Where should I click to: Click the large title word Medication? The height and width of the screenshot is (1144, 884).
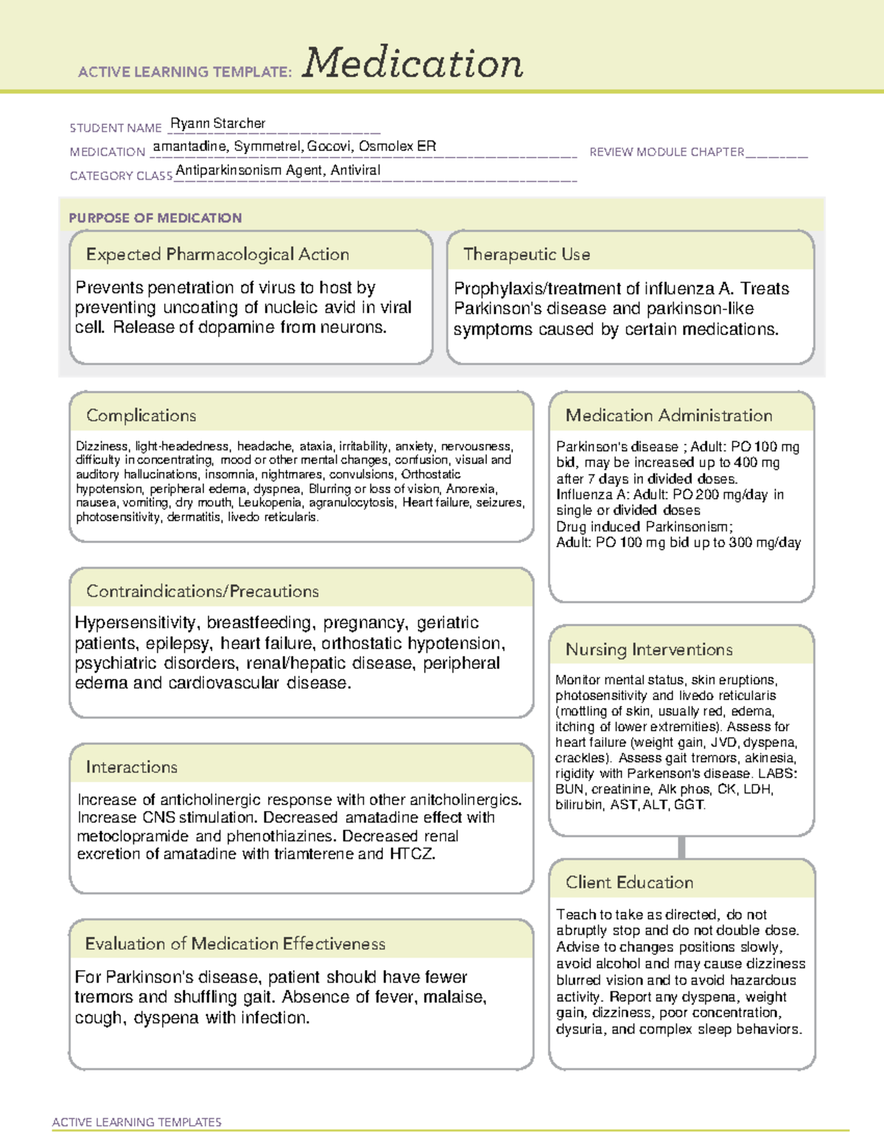[x=413, y=63]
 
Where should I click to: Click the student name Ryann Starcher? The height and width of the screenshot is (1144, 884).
[x=217, y=124]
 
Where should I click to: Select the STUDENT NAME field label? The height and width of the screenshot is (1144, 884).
[x=116, y=128]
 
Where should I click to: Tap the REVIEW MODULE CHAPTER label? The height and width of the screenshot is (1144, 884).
[x=667, y=152]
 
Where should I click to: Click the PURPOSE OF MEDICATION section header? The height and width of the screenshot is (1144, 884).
[x=155, y=218]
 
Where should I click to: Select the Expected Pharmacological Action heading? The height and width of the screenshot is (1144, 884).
[x=217, y=255]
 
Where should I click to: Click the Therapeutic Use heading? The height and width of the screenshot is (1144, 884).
[x=526, y=255]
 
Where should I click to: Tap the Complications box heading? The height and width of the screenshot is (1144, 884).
[x=141, y=416]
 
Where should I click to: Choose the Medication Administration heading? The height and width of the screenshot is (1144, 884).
[x=668, y=416]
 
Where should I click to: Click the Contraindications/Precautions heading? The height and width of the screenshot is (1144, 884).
[x=202, y=592]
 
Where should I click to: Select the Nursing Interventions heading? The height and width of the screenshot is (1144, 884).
[x=648, y=650]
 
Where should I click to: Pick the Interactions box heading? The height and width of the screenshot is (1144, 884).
[x=131, y=768]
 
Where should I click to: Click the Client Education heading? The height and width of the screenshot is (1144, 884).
[x=629, y=882]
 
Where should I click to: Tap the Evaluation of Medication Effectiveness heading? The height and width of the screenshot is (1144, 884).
[x=235, y=944]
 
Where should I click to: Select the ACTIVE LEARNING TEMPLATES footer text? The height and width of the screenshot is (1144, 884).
[x=136, y=1122]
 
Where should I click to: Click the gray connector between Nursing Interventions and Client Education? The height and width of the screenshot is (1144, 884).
[x=681, y=847]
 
